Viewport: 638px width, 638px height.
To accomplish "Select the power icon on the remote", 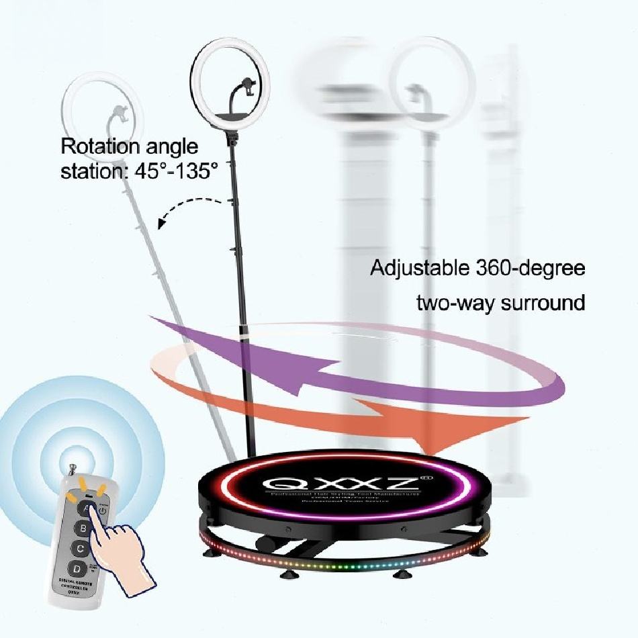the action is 101,510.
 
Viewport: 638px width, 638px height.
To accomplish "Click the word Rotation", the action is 101,146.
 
